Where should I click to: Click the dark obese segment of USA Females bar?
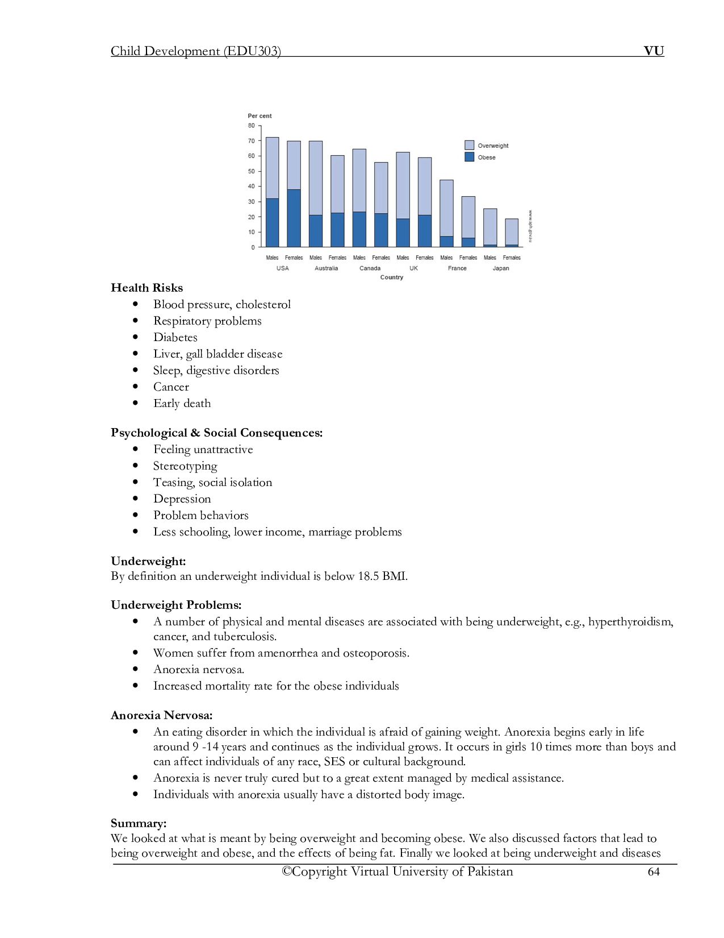pos(294,218)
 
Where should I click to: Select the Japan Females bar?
pos(512,233)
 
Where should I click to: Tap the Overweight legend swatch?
pos(469,145)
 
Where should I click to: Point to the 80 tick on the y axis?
pos(251,126)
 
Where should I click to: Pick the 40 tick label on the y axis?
pos(251,186)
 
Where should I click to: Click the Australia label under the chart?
pos(326,268)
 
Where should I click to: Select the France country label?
pos(457,268)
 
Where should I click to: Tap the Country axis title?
pos(391,277)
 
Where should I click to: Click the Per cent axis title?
pos(260,116)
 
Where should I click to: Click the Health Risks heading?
pos(147,288)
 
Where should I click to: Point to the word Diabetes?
pos(175,337)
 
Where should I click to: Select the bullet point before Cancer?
pos(135,387)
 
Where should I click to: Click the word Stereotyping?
pos(185,466)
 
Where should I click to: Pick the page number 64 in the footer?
pos(654,872)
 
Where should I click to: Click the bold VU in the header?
pos(654,51)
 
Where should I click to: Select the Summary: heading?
pos(139,823)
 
